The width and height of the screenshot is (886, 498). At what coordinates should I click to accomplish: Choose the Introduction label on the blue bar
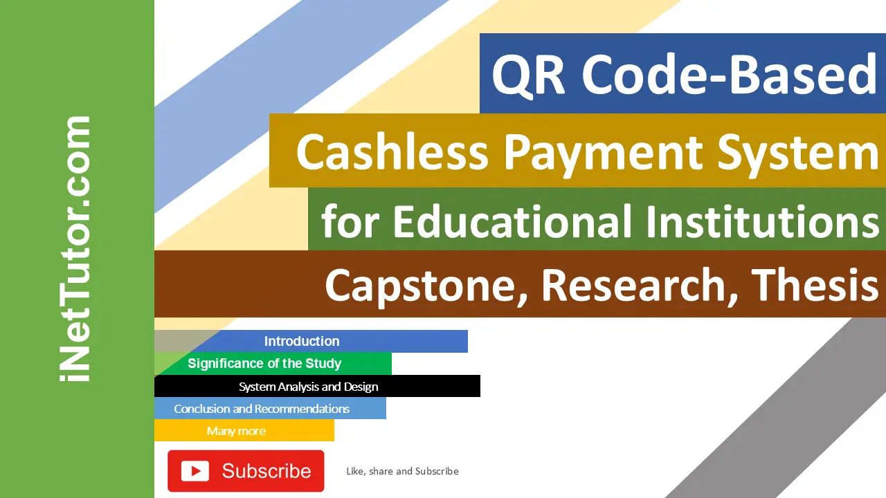click(x=302, y=341)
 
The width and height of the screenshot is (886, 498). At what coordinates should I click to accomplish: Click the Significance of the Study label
click(x=264, y=363)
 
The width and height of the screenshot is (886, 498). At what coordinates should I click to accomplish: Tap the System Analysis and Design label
click(x=309, y=387)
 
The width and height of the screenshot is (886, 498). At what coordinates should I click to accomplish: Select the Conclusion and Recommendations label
click(x=262, y=409)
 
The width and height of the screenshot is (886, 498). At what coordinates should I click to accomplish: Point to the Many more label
click(x=236, y=431)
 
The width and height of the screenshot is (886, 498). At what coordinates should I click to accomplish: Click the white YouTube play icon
click(x=195, y=471)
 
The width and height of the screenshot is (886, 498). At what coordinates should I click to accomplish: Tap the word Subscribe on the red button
click(x=266, y=471)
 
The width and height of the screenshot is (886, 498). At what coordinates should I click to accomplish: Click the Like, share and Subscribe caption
click(x=402, y=471)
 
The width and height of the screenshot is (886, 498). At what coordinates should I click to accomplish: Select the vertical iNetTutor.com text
click(x=75, y=249)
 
